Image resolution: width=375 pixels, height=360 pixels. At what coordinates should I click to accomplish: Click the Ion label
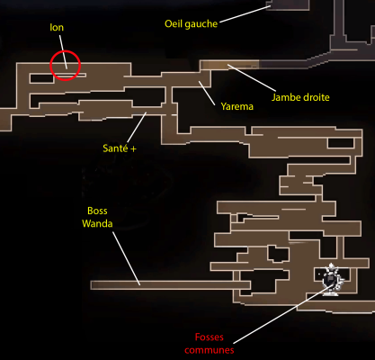tap(57, 28)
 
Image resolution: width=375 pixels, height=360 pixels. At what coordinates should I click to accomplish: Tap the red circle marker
tap(65, 50)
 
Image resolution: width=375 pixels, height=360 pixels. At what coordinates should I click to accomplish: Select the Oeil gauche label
tap(191, 24)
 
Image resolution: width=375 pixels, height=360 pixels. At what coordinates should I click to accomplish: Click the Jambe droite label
tap(300, 97)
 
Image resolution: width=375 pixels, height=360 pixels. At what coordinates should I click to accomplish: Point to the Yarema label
tap(237, 106)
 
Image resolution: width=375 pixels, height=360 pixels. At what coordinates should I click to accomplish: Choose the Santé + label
tap(120, 148)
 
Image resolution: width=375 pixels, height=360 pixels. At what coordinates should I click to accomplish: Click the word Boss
tap(97, 211)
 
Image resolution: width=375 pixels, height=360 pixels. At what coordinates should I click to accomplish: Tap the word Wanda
tap(97, 224)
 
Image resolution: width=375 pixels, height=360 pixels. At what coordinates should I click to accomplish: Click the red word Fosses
tap(210, 337)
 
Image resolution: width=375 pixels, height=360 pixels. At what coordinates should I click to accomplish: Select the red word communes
tap(210, 350)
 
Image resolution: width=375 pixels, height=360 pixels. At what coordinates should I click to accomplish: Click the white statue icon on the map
tap(332, 280)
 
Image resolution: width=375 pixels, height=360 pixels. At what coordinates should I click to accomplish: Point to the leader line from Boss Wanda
tap(126, 258)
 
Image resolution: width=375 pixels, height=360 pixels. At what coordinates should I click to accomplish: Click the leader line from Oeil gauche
tap(245, 14)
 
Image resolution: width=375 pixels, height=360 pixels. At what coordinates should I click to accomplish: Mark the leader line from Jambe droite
tap(252, 77)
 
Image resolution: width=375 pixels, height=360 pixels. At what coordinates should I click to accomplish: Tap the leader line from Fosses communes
tap(282, 314)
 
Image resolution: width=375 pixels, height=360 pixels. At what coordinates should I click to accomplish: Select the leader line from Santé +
tap(137, 128)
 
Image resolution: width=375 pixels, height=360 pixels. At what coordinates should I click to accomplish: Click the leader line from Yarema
tap(207, 93)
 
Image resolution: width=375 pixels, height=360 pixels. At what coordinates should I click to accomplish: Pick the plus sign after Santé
tap(133, 148)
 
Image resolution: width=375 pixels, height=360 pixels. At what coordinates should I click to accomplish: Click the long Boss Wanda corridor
tap(170, 285)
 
